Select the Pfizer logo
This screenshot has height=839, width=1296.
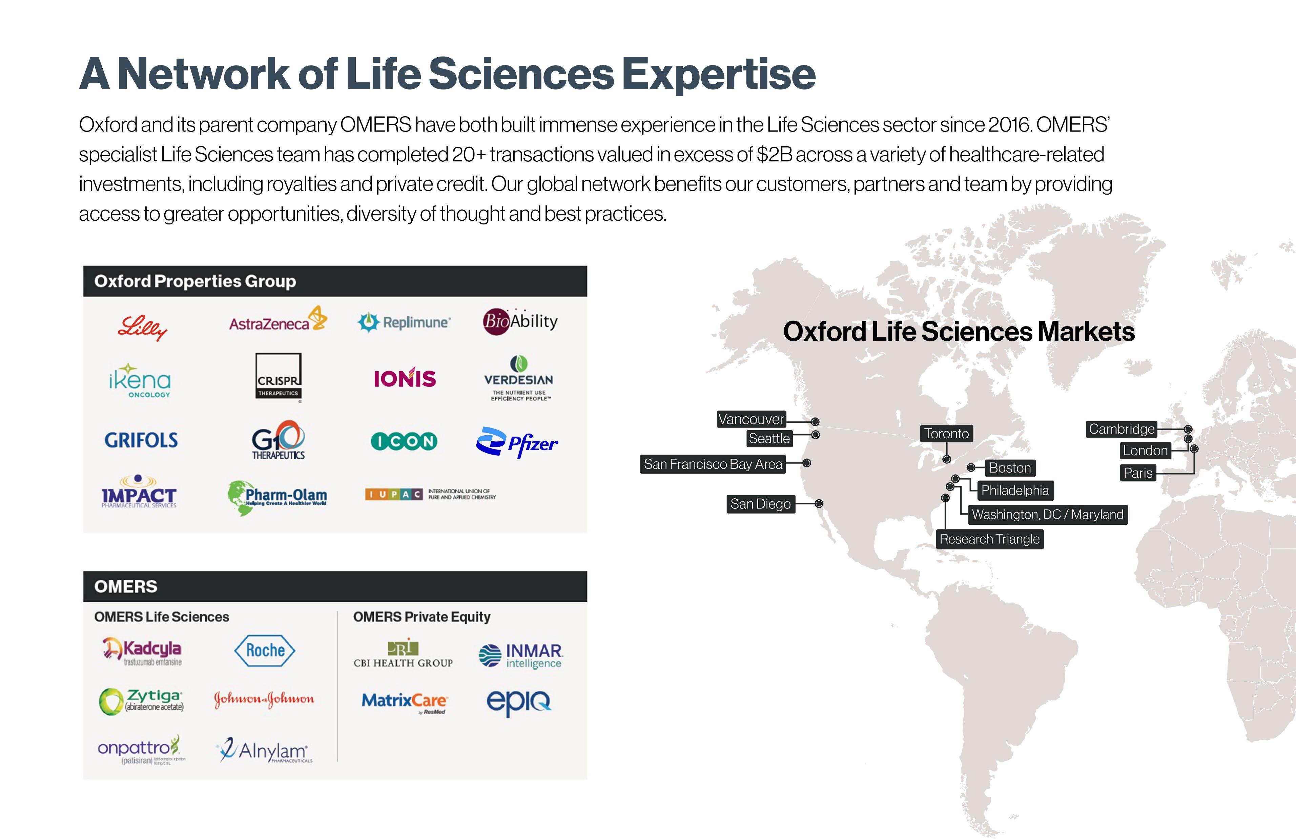(517, 442)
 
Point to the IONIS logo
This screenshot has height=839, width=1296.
(405, 378)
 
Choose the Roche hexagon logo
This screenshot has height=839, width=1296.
(265, 650)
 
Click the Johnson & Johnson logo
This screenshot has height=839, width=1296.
(264, 699)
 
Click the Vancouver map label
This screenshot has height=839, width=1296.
(751, 419)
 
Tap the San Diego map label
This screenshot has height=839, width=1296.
(760, 504)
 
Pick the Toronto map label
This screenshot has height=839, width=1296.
(946, 434)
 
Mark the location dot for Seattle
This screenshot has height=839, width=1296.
(815, 435)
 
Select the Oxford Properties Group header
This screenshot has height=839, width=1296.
(195, 281)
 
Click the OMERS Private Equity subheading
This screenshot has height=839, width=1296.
(421, 617)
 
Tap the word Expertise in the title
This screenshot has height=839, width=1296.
(719, 75)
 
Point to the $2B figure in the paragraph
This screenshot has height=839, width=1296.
(774, 155)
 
